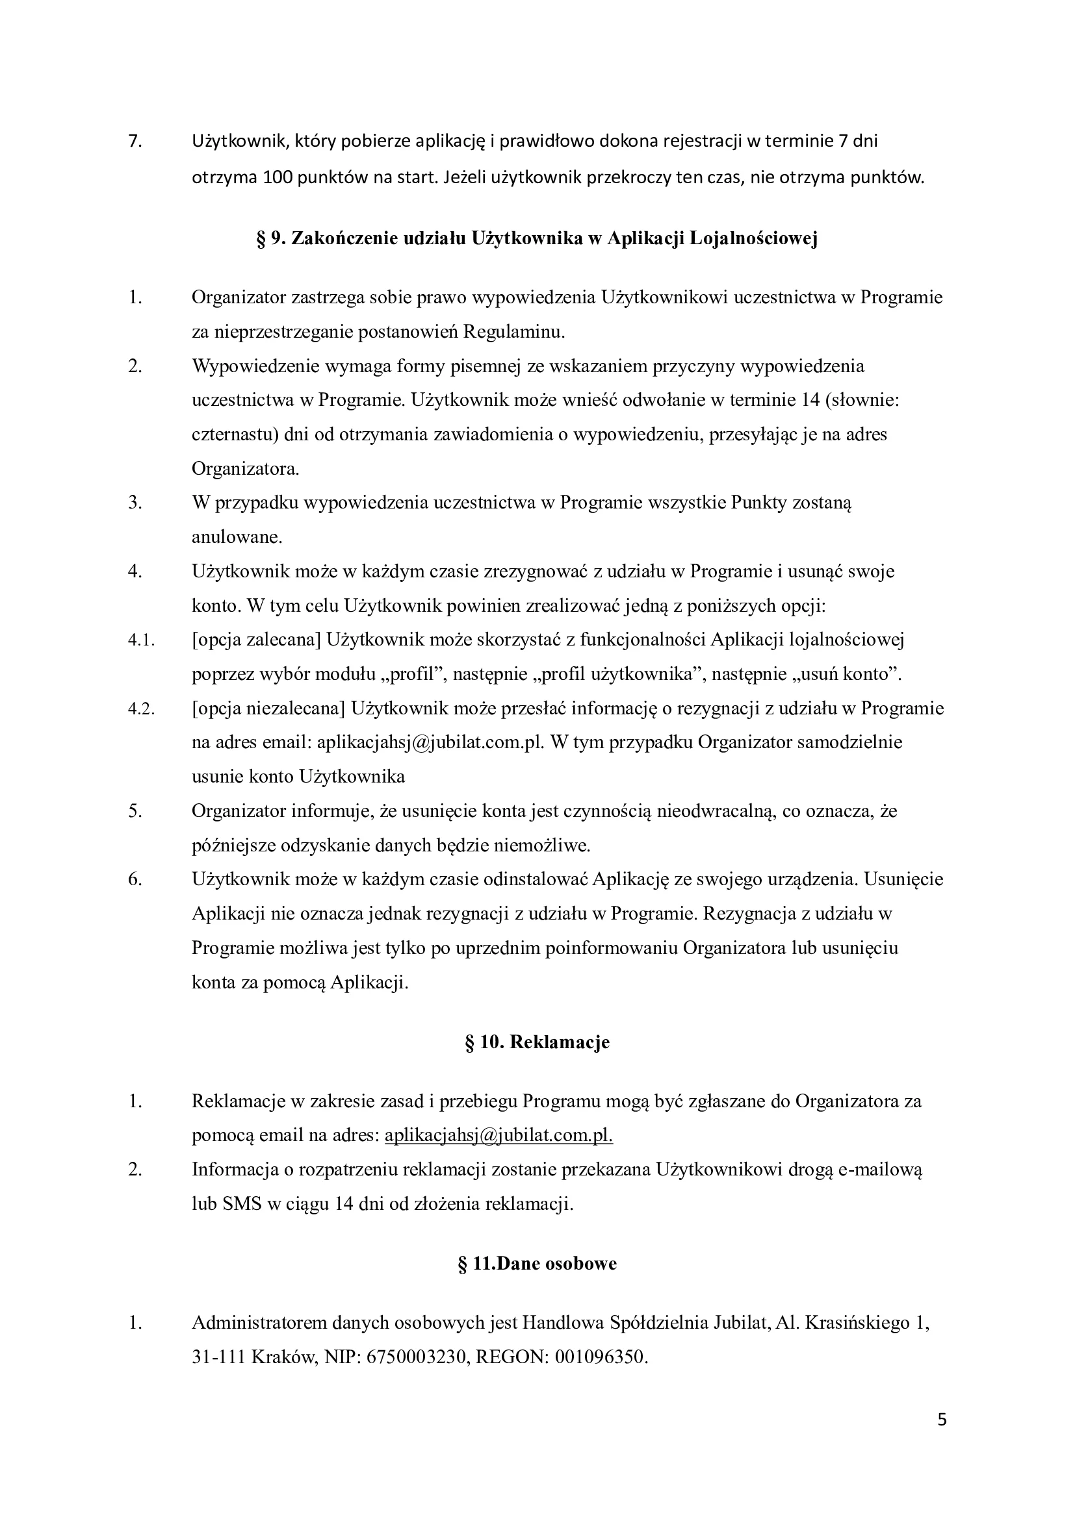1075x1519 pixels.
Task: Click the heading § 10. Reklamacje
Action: coord(537,1042)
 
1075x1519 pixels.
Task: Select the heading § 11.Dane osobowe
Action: coord(537,1263)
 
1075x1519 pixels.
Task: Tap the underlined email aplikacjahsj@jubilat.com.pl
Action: coord(499,1135)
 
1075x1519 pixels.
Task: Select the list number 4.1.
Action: coord(141,640)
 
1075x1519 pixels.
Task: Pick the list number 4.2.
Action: coord(141,709)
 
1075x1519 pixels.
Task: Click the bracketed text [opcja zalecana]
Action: coord(256,640)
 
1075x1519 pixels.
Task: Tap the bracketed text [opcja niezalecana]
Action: coord(268,709)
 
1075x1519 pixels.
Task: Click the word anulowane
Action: coord(237,537)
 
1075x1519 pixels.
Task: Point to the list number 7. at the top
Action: coord(135,142)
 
